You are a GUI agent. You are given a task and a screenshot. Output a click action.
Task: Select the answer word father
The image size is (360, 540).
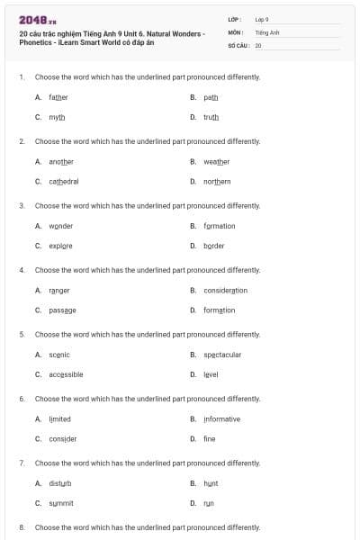pos(58,97)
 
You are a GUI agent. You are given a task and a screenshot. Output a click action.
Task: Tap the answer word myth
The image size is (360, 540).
pos(57,117)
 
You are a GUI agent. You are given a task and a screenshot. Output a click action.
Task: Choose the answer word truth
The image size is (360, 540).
pos(211,117)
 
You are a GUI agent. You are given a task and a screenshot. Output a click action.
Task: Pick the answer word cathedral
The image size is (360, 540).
pos(64,181)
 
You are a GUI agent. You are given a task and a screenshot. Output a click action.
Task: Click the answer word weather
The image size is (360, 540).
pos(217,161)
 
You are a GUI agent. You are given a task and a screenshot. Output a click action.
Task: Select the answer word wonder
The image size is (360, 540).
pos(61,226)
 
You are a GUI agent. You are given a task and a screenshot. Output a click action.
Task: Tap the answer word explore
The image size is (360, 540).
pos(61,246)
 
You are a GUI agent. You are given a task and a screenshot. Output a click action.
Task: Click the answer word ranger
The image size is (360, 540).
pos(59,290)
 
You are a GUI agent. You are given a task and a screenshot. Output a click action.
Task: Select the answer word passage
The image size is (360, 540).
pos(63,310)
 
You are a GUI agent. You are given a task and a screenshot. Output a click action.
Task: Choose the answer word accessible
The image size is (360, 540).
pos(67,374)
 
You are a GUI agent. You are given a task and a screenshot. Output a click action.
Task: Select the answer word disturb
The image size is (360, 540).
pos(61,483)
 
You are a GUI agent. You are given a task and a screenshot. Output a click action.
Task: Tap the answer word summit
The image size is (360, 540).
pos(61,503)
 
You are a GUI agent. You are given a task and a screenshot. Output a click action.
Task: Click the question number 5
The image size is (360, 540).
pos(22,334)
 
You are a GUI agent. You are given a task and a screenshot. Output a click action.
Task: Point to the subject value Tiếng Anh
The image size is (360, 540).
pos(267,31)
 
